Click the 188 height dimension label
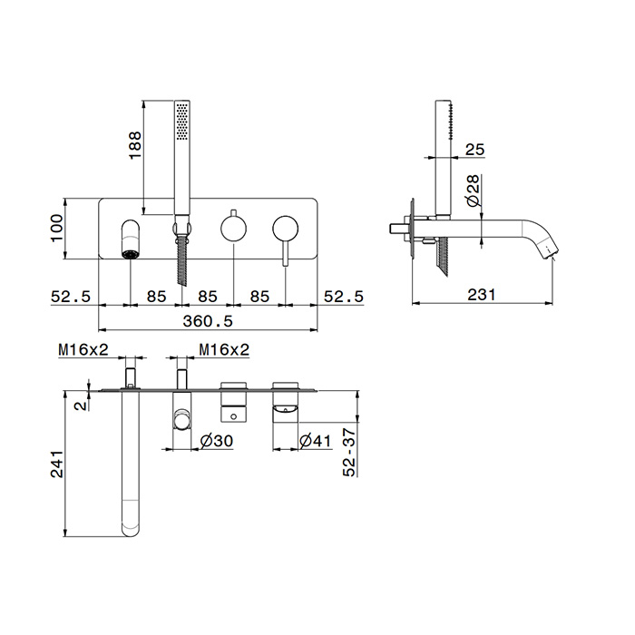coord(135,145)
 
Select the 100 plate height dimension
coord(56,228)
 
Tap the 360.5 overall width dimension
coord(208,321)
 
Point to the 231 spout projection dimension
coord(482,295)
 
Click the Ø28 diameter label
coord(473,191)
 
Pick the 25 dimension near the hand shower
coord(474,150)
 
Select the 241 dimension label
coord(56,464)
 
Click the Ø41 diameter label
coord(315,441)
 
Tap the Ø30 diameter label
coord(217,441)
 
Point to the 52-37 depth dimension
coord(349,453)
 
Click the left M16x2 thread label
coord(83,349)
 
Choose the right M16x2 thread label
coord(224,349)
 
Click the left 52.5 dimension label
coord(71,297)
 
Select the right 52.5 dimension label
coord(344,297)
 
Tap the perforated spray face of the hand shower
coord(182,122)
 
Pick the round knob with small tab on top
coord(234,227)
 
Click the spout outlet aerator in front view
coord(131,254)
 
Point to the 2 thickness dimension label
coord(83,405)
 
